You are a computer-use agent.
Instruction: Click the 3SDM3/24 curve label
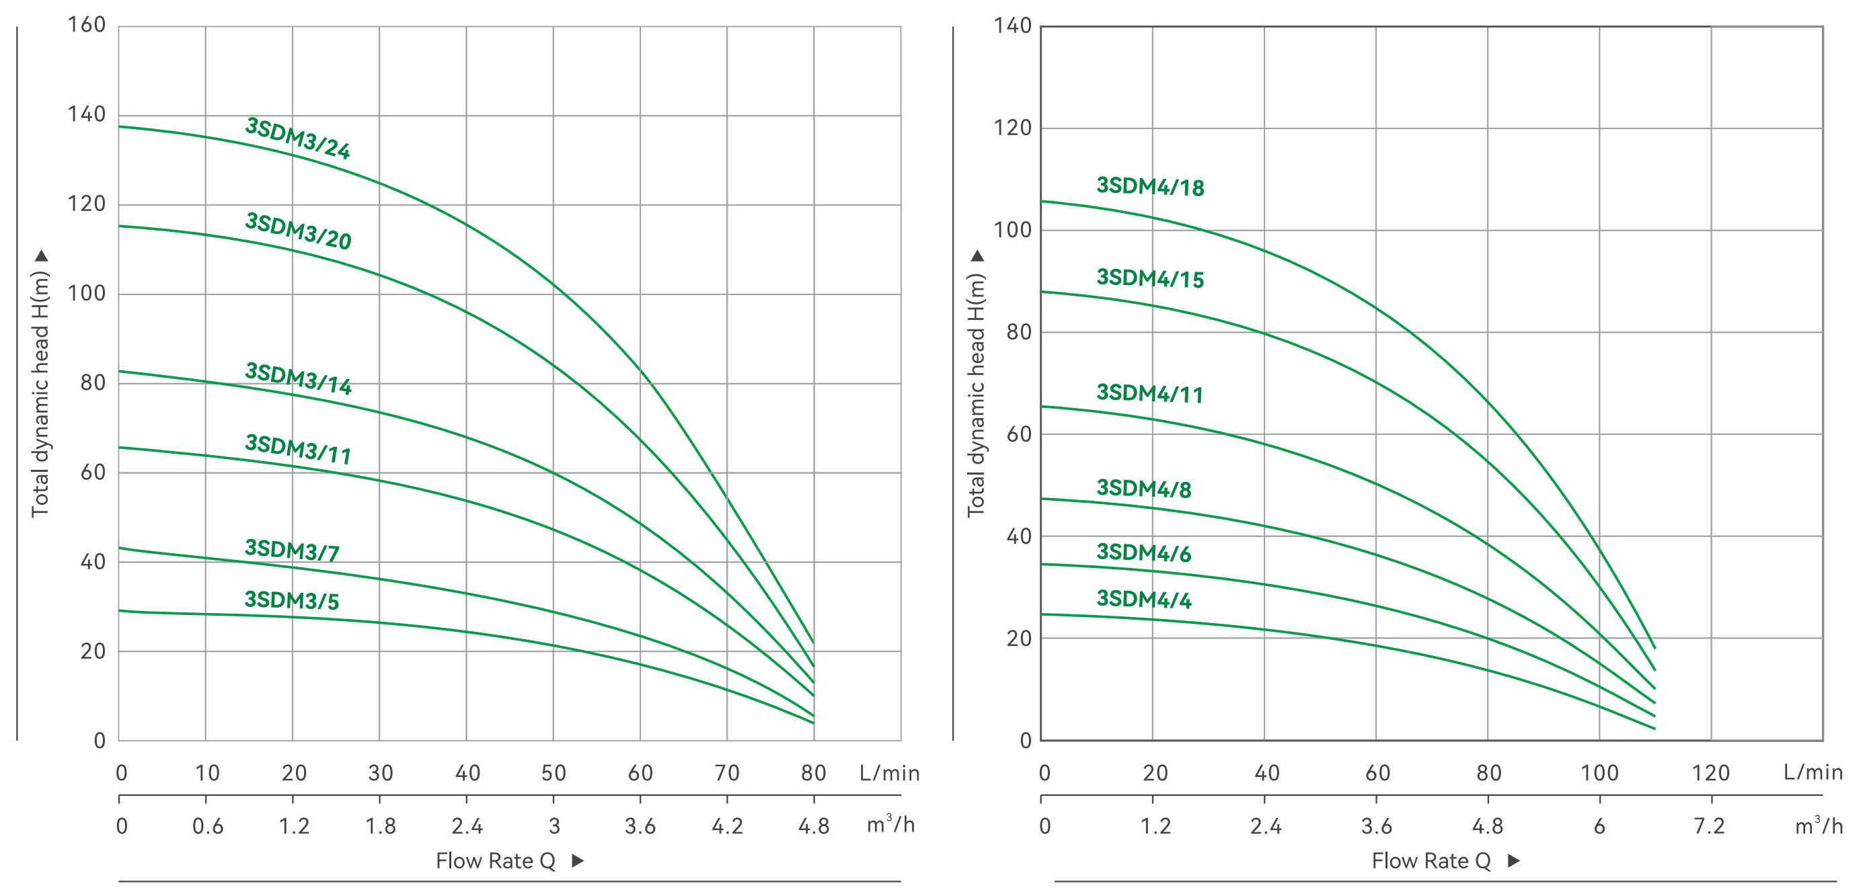pyautogui.click(x=298, y=138)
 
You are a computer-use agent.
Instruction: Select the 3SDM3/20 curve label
pyautogui.click(x=298, y=231)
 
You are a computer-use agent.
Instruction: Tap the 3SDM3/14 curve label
pyautogui.click(x=299, y=379)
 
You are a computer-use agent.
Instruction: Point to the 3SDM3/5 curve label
pyautogui.click(x=292, y=600)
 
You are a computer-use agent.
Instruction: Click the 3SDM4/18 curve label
pyautogui.click(x=1150, y=186)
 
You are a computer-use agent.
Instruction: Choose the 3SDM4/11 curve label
pyautogui.click(x=1150, y=393)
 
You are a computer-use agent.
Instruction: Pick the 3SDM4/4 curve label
pyautogui.click(x=1143, y=600)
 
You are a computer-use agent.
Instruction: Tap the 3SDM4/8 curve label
pyautogui.click(x=1143, y=489)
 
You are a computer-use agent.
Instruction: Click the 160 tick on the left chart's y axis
pyautogui.click(x=87, y=26)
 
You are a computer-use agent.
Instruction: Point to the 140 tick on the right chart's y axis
pyautogui.click(x=1012, y=26)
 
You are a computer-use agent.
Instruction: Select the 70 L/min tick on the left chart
pyautogui.click(x=727, y=773)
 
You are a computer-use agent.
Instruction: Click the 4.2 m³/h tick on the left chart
pyautogui.click(x=727, y=826)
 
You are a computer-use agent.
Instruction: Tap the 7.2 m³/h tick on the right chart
pyautogui.click(x=1709, y=826)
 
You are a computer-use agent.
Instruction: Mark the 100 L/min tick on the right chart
pyautogui.click(x=1599, y=773)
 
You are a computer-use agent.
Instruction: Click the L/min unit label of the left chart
pyautogui.click(x=889, y=773)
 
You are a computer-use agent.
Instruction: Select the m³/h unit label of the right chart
pyautogui.click(x=1819, y=825)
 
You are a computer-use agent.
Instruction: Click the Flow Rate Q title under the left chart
pyautogui.click(x=496, y=860)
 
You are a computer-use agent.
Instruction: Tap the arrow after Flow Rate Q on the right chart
pyautogui.click(x=1514, y=860)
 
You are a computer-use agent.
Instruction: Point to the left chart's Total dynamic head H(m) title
pyautogui.click(x=40, y=394)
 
